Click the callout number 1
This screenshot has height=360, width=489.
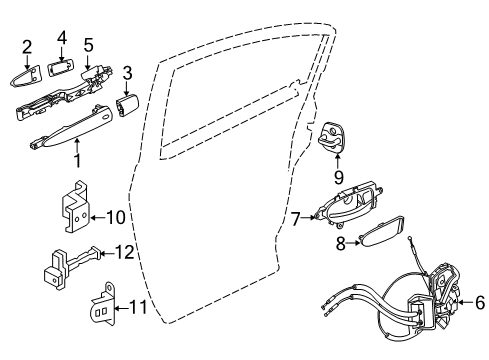[x=76, y=158]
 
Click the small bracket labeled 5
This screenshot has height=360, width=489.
[x=95, y=73]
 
